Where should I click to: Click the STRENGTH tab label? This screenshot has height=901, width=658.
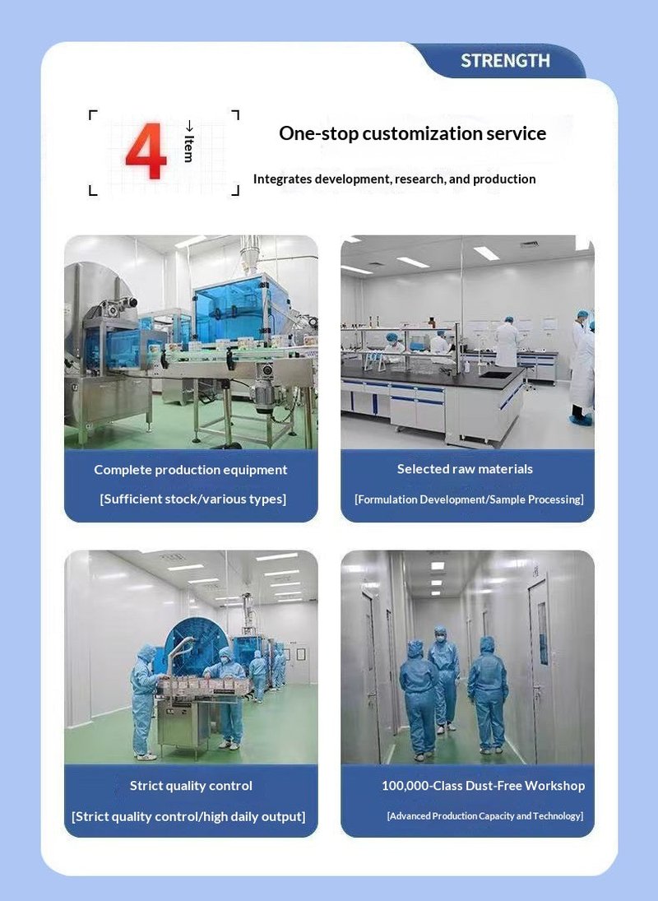click(x=505, y=60)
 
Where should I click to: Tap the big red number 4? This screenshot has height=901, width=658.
click(x=146, y=151)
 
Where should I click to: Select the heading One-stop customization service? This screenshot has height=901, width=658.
click(x=412, y=133)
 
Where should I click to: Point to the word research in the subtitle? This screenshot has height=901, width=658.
click(x=419, y=179)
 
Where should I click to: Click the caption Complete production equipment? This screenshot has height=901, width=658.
click(x=191, y=470)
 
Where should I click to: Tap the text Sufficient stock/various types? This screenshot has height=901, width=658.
click(x=193, y=499)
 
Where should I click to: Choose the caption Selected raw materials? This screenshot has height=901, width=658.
click(x=465, y=469)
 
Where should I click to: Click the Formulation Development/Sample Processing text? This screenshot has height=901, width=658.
click(x=469, y=499)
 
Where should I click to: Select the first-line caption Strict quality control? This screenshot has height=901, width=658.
click(x=191, y=786)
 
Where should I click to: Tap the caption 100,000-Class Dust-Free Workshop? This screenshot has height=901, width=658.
click(x=484, y=786)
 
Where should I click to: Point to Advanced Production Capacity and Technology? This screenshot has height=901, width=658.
click(x=485, y=816)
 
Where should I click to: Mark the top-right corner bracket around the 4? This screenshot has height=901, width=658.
click(x=237, y=111)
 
